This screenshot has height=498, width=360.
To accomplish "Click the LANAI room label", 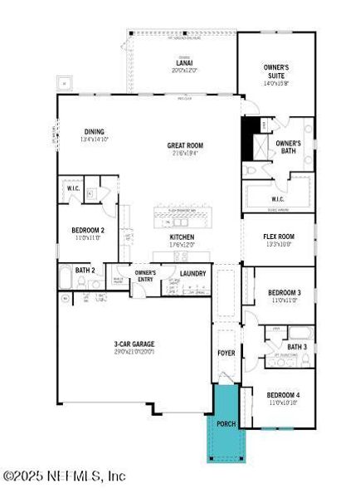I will (183, 61).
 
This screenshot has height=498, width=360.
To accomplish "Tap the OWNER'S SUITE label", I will (275, 73).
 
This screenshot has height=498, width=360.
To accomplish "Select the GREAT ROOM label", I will (185, 145).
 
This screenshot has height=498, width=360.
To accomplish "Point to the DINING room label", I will (94, 131).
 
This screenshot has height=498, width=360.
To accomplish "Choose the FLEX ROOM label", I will (279, 237).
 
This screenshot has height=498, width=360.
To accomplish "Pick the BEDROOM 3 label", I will (284, 293).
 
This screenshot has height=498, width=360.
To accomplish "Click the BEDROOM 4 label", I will (284, 394).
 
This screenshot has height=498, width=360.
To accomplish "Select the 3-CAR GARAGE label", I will (134, 344).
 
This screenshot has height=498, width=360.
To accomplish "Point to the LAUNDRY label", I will (192, 273).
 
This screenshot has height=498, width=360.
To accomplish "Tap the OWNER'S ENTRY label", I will (145, 276).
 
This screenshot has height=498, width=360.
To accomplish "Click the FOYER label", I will (226, 353).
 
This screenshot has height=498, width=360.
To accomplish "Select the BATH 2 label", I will (85, 270).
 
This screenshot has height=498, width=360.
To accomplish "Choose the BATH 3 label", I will (296, 346).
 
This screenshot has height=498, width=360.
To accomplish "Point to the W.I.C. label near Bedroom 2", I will (73, 188).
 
